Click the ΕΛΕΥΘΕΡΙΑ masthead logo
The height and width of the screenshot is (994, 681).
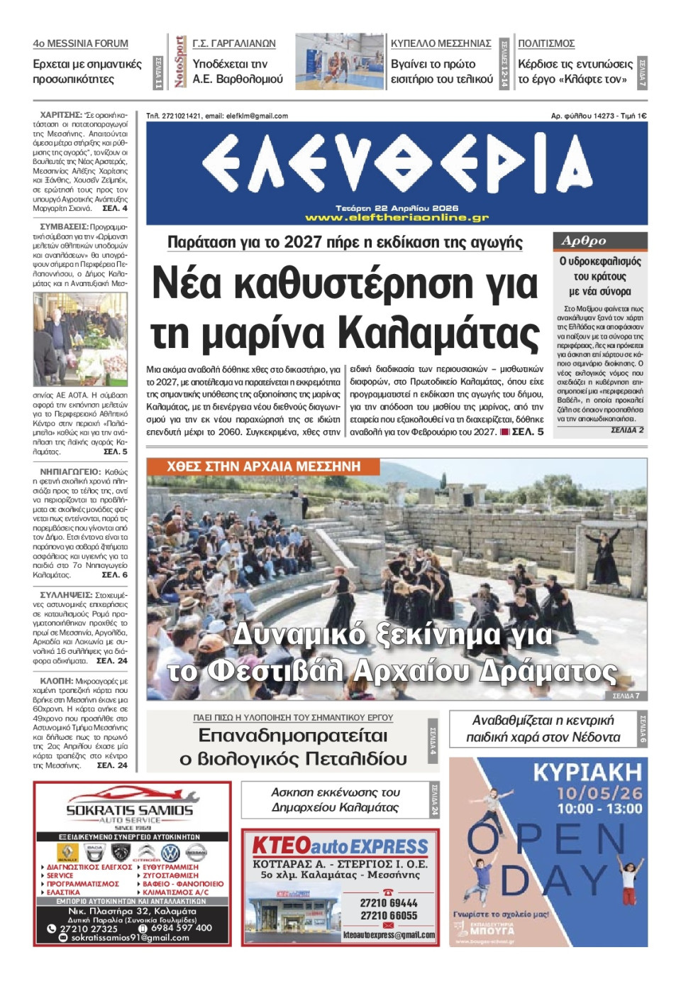click(x=397, y=166)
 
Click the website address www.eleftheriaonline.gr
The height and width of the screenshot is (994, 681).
click(x=397, y=218)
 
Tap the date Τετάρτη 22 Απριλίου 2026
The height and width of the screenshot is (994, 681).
click(x=397, y=208)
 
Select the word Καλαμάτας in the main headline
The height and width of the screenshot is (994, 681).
click(x=438, y=332)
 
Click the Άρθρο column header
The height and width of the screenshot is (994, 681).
click(x=584, y=241)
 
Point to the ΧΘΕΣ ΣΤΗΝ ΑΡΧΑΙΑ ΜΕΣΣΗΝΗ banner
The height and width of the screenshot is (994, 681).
click(x=264, y=466)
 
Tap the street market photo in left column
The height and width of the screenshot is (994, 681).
click(x=80, y=339)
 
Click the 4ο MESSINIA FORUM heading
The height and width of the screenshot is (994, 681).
click(x=80, y=43)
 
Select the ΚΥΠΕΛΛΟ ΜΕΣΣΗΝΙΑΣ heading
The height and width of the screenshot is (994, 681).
click(x=441, y=43)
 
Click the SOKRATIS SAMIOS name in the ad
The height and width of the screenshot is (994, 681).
click(x=130, y=809)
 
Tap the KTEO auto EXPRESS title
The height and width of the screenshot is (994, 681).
click(x=340, y=846)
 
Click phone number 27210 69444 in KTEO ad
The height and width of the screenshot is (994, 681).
click(x=389, y=902)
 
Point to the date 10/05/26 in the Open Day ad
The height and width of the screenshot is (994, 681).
click(x=599, y=793)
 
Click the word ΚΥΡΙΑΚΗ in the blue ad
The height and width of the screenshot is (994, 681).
click(x=587, y=772)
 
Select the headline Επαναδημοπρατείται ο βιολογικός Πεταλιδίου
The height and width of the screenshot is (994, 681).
click(x=293, y=747)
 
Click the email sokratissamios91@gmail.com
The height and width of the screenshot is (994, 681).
click(x=131, y=937)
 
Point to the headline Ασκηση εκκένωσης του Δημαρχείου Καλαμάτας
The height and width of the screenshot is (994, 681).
click(x=335, y=799)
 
